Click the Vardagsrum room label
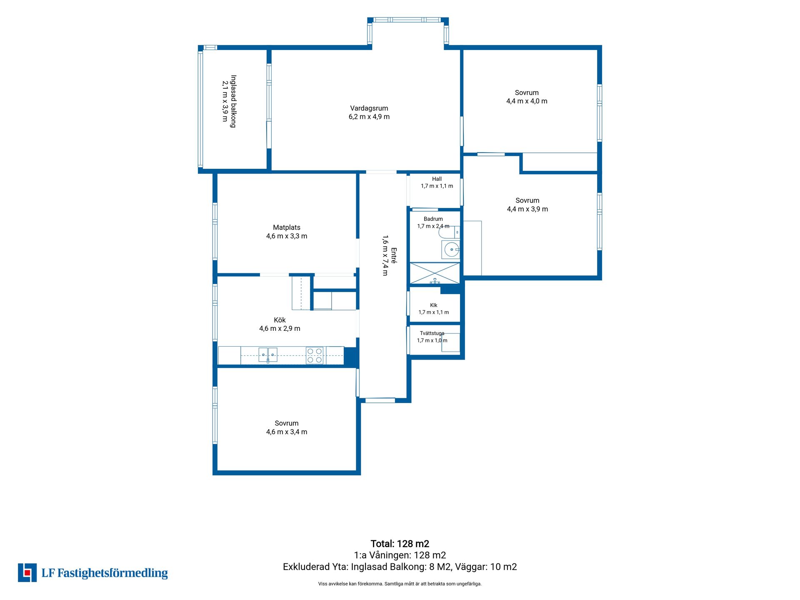click(369, 108)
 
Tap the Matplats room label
click(287, 227)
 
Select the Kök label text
click(280, 320)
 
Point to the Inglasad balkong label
click(233, 101)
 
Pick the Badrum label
click(433, 219)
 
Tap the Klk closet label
click(434, 305)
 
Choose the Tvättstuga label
click(432, 333)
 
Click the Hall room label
click(437, 179)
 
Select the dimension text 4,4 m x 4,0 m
click(527, 101)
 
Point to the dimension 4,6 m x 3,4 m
click(287, 432)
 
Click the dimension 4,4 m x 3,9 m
click(527, 209)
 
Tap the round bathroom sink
click(451, 250)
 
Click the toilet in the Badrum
click(449, 232)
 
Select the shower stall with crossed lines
click(435, 273)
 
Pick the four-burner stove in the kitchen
click(315, 355)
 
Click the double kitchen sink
click(268, 355)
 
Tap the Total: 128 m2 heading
click(400, 544)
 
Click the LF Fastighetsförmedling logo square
click(27, 572)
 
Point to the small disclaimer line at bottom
click(400, 584)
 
